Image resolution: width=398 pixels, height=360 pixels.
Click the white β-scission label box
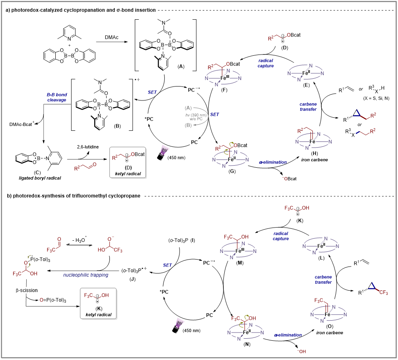pos(27,290)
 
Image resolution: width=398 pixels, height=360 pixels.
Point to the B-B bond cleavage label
pos(57,97)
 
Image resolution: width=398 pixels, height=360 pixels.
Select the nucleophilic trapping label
pos(86,275)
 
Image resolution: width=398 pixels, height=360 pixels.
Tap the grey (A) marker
pos(188,108)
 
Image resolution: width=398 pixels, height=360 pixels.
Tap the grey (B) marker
pos(188,125)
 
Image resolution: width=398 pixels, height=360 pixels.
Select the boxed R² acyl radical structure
pos(127,162)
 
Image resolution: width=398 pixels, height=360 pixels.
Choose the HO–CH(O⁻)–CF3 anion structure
pos(110,245)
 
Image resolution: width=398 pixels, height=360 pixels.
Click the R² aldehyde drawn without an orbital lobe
pos(85,166)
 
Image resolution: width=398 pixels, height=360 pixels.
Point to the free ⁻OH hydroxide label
pos(302,351)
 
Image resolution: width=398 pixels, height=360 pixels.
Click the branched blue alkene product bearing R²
pos(364,116)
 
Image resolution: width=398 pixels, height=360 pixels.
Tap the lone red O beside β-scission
pos(41,300)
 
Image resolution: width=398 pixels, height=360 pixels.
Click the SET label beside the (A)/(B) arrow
pos(214,115)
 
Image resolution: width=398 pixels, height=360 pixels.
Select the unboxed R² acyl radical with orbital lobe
pos(279,38)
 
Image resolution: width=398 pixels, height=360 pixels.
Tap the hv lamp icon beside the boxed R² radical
pos(164,150)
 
